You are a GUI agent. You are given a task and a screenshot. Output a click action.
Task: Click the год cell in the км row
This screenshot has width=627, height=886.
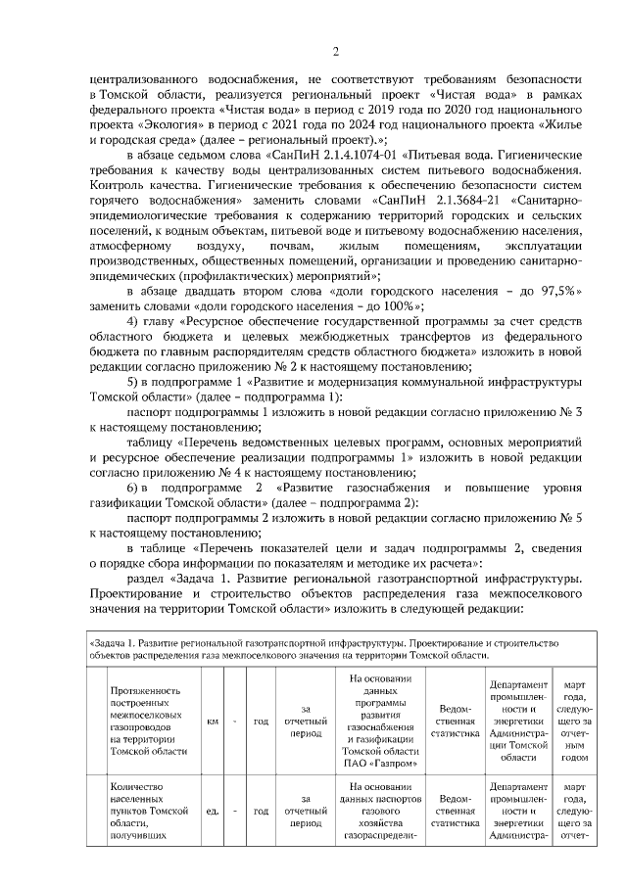[262, 722]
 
